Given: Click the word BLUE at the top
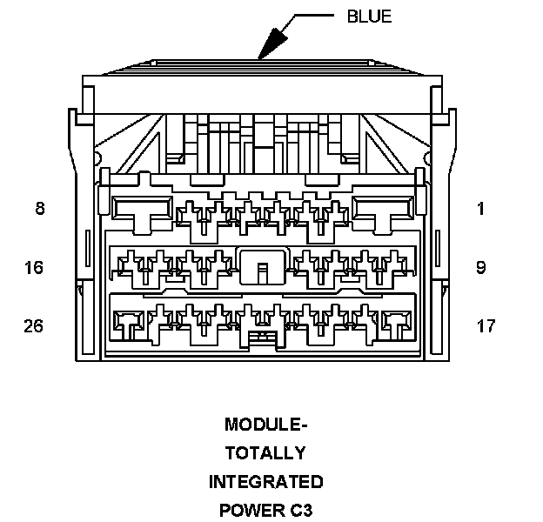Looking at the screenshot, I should (369, 17).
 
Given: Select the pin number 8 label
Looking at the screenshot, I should (40, 209).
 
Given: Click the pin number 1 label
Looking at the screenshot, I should (480, 209).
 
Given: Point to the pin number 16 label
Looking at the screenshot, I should (34, 267).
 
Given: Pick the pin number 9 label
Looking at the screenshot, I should (480, 267).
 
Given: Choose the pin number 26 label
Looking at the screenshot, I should (34, 326).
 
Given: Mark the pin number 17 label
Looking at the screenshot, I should (486, 326).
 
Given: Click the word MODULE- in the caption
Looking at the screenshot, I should (265, 425).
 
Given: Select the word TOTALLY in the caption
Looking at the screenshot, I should (265, 453).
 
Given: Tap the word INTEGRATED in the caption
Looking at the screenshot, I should (265, 481).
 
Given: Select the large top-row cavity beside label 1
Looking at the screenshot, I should (384, 210).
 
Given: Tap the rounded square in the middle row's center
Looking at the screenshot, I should (261, 265).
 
